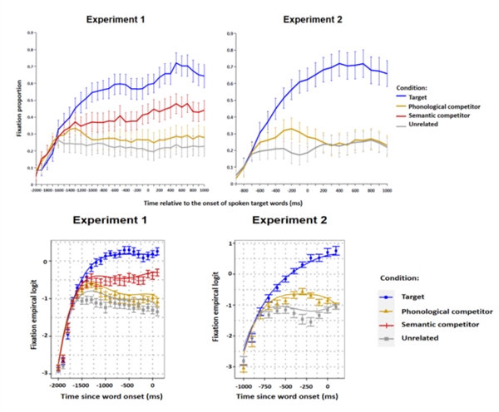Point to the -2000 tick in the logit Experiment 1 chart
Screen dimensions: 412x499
point(57,387)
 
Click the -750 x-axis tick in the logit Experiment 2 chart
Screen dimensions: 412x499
point(265,386)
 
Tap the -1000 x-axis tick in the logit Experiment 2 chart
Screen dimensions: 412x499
point(242,386)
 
